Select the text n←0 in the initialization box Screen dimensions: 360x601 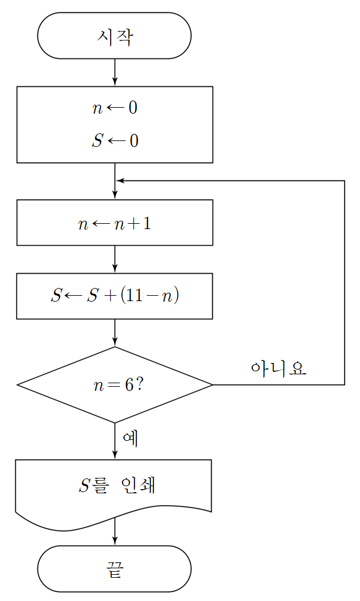coord(115,108)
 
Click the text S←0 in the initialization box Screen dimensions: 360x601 coord(115,140)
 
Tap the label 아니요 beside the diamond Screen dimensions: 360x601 coord(278,368)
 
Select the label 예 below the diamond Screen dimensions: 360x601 coord(130,438)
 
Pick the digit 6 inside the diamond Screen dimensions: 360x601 coord(129,385)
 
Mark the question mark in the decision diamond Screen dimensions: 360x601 coord(139,384)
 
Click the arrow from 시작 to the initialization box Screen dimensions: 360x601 coord(115,72)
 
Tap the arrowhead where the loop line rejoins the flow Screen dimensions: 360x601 coord(120,180)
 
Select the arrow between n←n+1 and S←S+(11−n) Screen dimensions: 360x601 coord(115,259)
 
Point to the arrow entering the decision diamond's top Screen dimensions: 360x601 coord(115,333)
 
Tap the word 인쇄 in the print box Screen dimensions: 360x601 coord(138,485)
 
